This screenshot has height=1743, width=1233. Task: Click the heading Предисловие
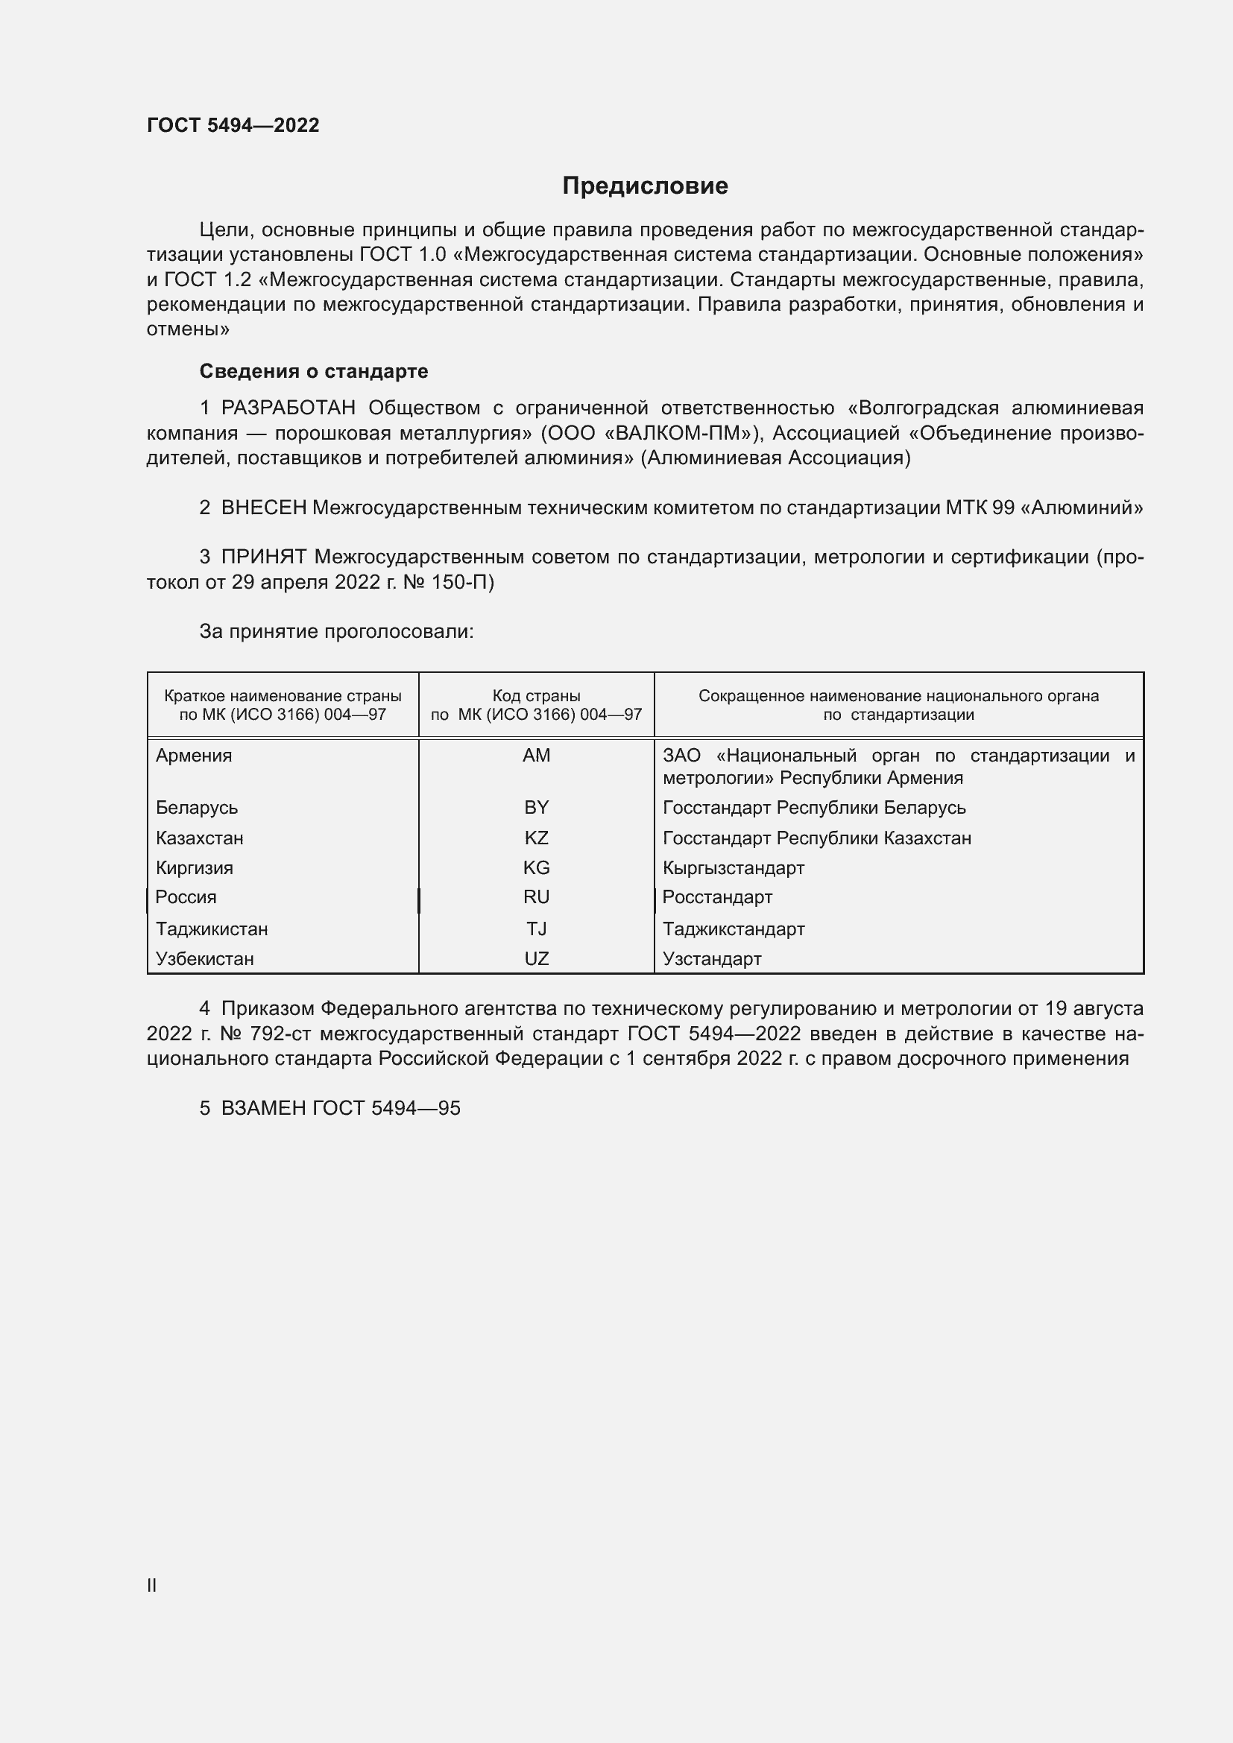(645, 186)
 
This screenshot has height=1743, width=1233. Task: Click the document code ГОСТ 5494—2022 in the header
(233, 125)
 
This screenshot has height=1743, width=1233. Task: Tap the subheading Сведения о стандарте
(314, 371)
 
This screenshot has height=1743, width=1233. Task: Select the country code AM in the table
(536, 756)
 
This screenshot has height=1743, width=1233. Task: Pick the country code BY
(536, 808)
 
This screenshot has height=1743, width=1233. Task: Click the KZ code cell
(536, 838)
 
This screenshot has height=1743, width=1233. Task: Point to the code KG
(536, 867)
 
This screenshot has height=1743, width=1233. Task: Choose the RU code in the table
(536, 897)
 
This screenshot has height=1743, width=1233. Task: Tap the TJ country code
(536, 929)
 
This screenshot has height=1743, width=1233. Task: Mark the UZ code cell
(536, 959)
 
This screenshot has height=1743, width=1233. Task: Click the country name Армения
(194, 756)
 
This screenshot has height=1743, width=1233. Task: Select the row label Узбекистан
(204, 959)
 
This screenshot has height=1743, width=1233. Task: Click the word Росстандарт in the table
(716, 897)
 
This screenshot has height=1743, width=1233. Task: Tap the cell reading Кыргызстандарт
(733, 867)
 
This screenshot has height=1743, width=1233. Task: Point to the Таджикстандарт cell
(733, 929)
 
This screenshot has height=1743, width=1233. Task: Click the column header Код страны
(536, 696)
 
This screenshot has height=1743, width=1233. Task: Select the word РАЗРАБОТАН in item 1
(288, 408)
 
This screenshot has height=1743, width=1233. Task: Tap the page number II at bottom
(152, 1585)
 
